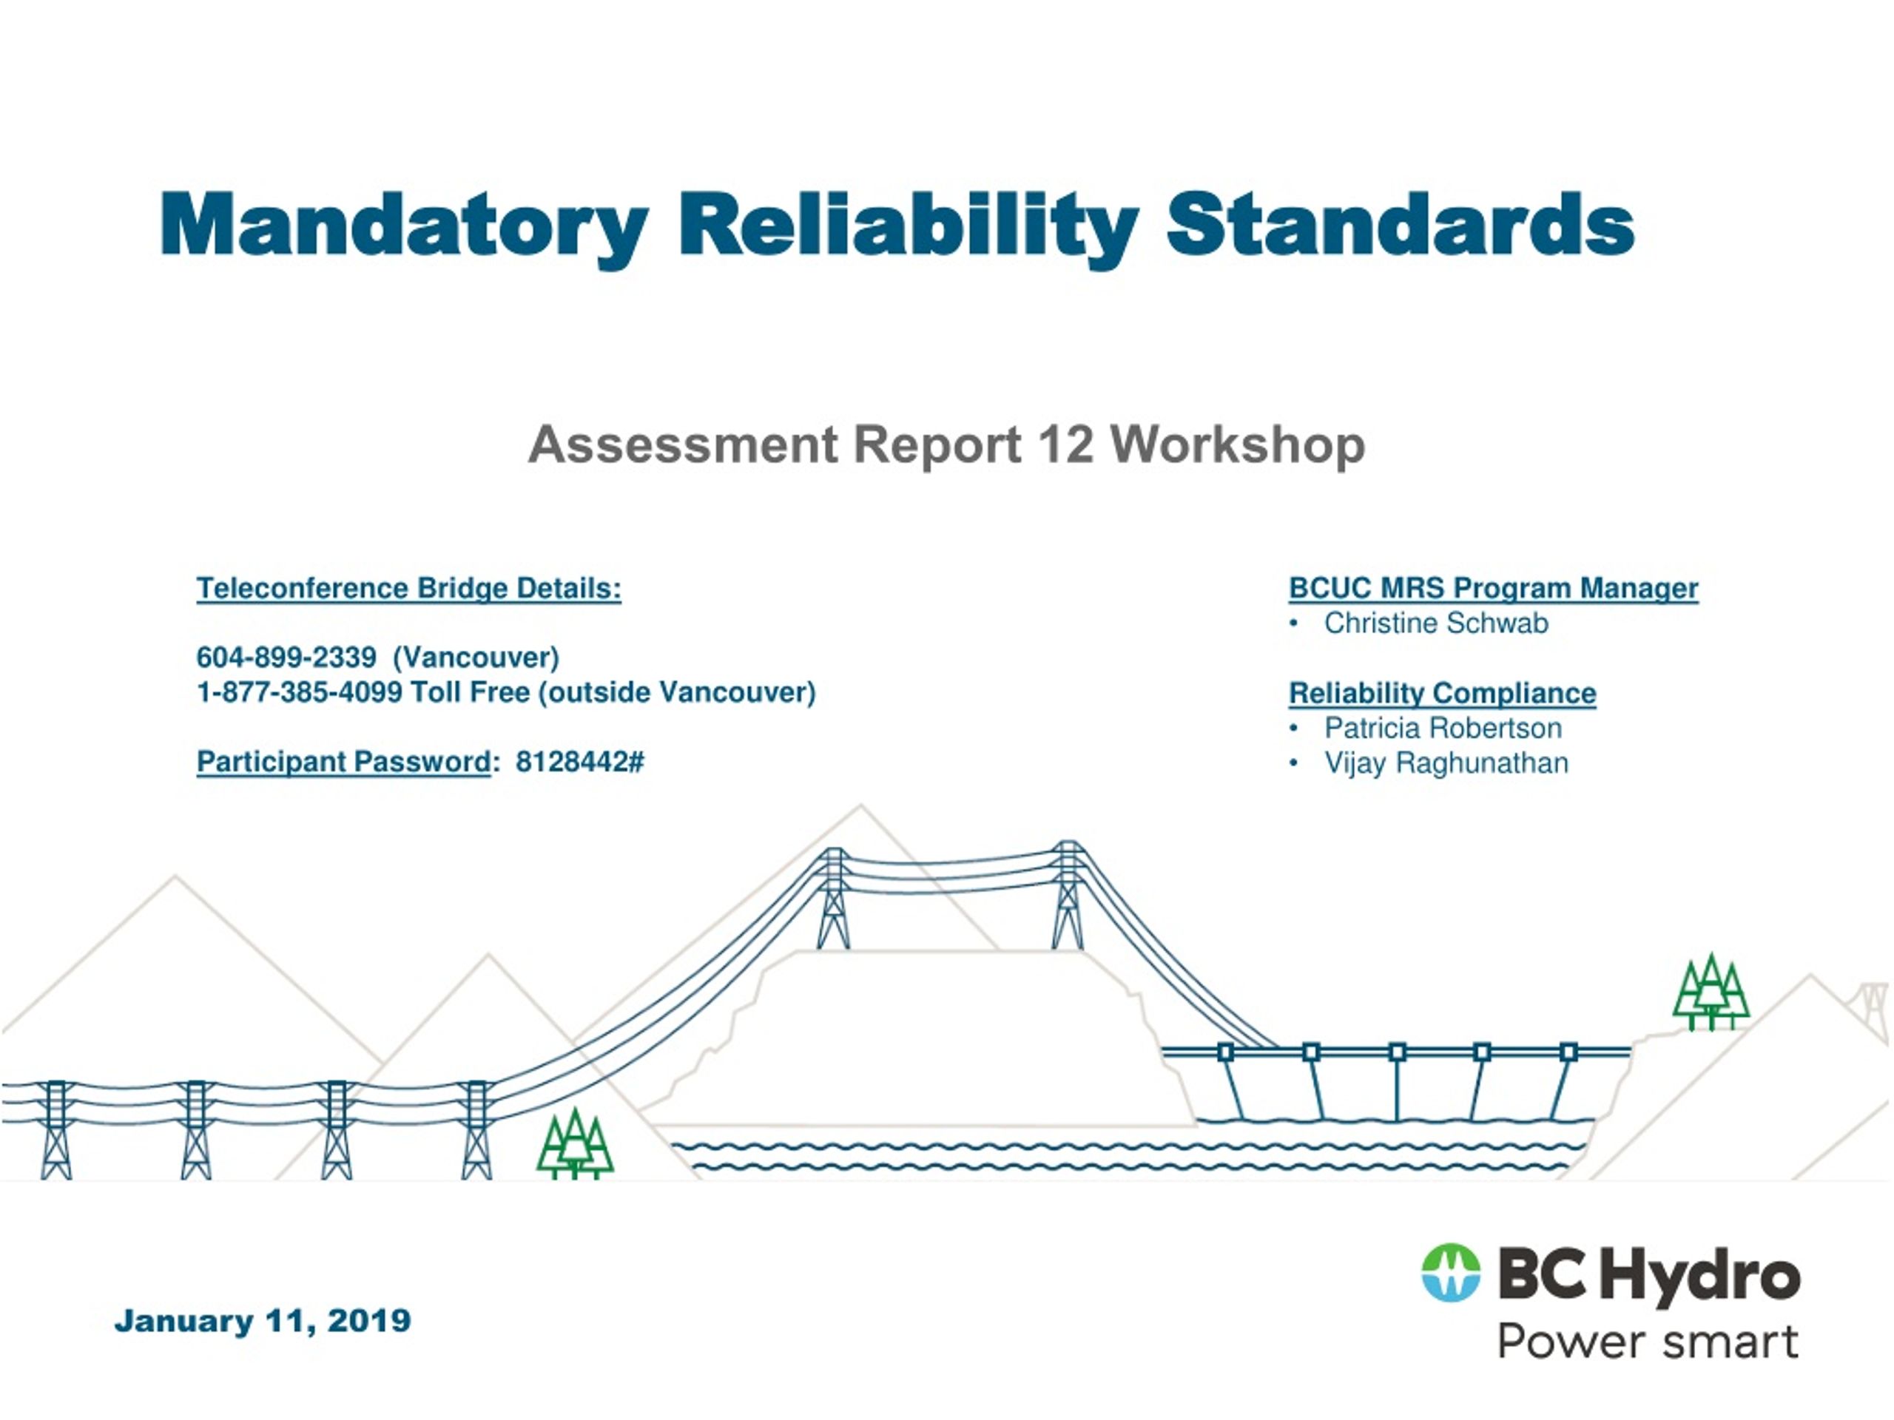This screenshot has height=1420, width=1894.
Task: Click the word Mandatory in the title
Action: click(x=403, y=224)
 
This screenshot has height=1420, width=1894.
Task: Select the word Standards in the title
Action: click(x=1400, y=224)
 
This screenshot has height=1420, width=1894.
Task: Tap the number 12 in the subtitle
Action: click(x=1065, y=445)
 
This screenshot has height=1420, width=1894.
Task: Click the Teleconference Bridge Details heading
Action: click(x=408, y=588)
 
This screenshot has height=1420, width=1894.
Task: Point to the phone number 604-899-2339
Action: click(x=286, y=657)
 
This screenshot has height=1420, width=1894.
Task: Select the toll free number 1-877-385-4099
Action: click(x=299, y=692)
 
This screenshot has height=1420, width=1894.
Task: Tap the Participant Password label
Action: click(x=343, y=762)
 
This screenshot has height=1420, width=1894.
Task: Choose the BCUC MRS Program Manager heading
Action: click(x=1492, y=588)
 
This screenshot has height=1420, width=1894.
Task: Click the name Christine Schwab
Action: click(x=1435, y=623)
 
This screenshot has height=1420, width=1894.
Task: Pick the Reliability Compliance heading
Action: click(x=1442, y=693)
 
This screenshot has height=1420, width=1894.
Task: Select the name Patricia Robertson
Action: click(x=1442, y=728)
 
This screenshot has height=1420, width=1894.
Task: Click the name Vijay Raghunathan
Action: click(x=1446, y=763)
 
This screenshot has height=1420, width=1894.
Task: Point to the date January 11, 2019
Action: click(x=262, y=1321)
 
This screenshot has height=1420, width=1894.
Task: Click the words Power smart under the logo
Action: click(x=1647, y=1342)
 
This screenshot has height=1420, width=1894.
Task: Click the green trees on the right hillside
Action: click(x=1710, y=993)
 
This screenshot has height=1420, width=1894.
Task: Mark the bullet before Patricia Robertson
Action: click(x=1294, y=728)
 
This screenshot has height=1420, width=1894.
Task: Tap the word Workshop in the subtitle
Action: click(x=1237, y=445)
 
